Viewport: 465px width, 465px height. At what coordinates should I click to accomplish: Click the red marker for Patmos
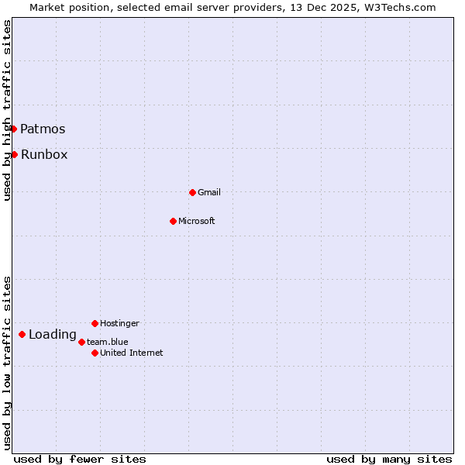coord(14,129)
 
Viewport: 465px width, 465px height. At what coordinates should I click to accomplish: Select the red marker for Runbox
coord(14,154)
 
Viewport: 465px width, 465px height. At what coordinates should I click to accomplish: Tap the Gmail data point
coord(192,192)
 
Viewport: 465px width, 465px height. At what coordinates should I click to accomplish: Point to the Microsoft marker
coord(173,221)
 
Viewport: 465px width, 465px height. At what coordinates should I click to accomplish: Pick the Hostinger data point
coord(95,323)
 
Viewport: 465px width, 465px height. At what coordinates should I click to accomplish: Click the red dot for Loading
coord(22,335)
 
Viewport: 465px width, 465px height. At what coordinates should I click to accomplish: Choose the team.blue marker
coord(81,342)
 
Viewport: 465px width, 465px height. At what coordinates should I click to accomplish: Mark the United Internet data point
coord(95,353)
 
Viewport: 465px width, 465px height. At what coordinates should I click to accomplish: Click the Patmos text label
coord(43,129)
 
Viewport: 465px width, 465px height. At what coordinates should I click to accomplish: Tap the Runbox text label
coord(44,155)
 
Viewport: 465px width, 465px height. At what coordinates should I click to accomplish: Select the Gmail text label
coord(209,192)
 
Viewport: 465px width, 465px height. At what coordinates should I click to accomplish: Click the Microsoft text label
coord(197,221)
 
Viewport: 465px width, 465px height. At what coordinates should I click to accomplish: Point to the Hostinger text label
coord(119,323)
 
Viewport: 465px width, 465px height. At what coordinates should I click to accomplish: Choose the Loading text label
coord(53,335)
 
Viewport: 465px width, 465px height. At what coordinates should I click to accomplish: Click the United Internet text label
coord(132,353)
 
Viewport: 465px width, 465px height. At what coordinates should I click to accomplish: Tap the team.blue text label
coord(108,342)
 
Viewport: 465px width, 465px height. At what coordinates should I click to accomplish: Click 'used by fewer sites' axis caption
coord(80,459)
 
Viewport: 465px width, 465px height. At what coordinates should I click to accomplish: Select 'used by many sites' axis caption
coord(389,459)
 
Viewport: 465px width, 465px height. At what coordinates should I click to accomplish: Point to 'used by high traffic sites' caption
coord(7,110)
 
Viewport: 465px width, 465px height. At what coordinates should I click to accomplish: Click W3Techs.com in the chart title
coord(398,7)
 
